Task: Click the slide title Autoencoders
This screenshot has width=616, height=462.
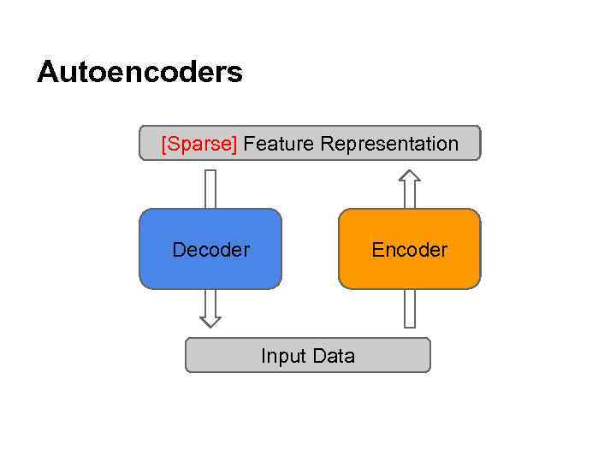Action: (x=139, y=72)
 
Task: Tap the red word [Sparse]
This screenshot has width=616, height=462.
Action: (x=199, y=144)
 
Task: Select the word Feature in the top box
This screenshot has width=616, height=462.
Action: (x=278, y=144)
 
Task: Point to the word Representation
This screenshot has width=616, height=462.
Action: (x=389, y=144)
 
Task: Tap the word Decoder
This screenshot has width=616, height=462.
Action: (x=210, y=250)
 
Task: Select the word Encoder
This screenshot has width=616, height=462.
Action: (x=410, y=250)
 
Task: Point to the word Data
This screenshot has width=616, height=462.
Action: (x=334, y=356)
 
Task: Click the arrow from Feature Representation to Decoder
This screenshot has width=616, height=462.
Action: (x=210, y=188)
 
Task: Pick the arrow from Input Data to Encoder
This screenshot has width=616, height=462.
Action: (x=410, y=309)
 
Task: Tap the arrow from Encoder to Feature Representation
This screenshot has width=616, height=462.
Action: (x=410, y=190)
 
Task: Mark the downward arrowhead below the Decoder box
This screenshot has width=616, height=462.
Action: (x=210, y=322)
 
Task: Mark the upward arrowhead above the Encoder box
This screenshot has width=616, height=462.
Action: (x=410, y=175)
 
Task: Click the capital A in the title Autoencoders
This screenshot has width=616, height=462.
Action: (x=48, y=72)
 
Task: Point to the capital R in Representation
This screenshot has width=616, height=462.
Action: (x=327, y=144)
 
